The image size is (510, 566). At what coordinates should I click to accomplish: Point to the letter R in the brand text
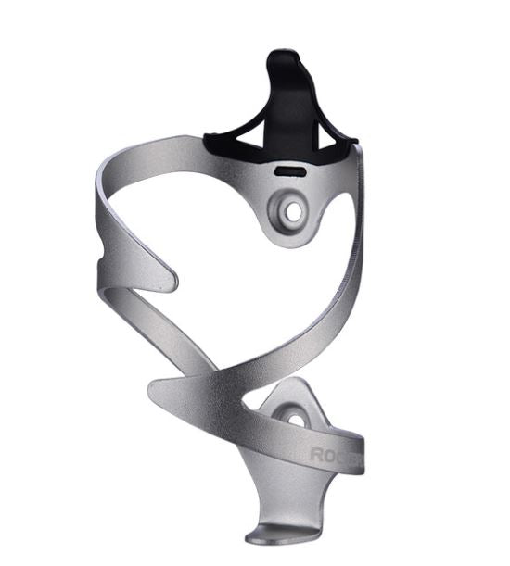(316, 456)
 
